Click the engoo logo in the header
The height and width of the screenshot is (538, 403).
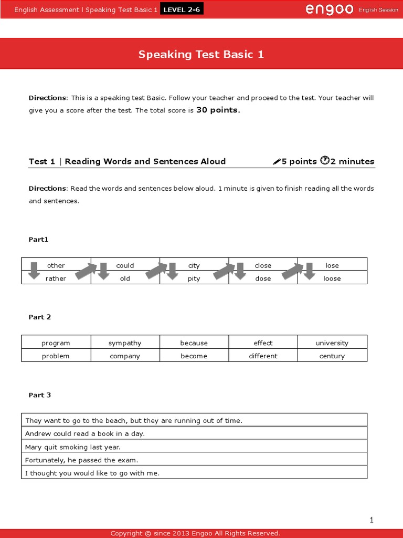point(329,9)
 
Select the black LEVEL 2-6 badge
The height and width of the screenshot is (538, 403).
point(182,10)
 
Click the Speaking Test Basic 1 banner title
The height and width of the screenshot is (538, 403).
point(201,54)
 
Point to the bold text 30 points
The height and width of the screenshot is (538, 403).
point(218,110)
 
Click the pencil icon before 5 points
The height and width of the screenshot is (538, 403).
point(277,162)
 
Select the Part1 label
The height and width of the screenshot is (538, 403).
point(38,239)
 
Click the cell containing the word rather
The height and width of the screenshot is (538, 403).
point(56,278)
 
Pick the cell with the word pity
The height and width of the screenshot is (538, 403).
point(194,278)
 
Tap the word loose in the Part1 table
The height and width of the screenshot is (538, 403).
point(332,278)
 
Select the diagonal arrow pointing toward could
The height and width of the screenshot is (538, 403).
point(86,271)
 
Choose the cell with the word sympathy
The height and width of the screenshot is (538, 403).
point(125,343)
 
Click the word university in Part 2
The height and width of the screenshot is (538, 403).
point(332,343)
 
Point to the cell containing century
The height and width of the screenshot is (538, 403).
point(332,356)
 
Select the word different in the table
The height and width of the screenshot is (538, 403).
point(263,356)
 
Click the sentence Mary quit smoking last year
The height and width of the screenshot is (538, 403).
point(73,447)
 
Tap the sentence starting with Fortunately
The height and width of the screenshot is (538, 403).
point(81,460)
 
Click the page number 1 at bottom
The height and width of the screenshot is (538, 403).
point(372,520)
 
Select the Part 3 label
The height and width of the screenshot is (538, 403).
point(40,395)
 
